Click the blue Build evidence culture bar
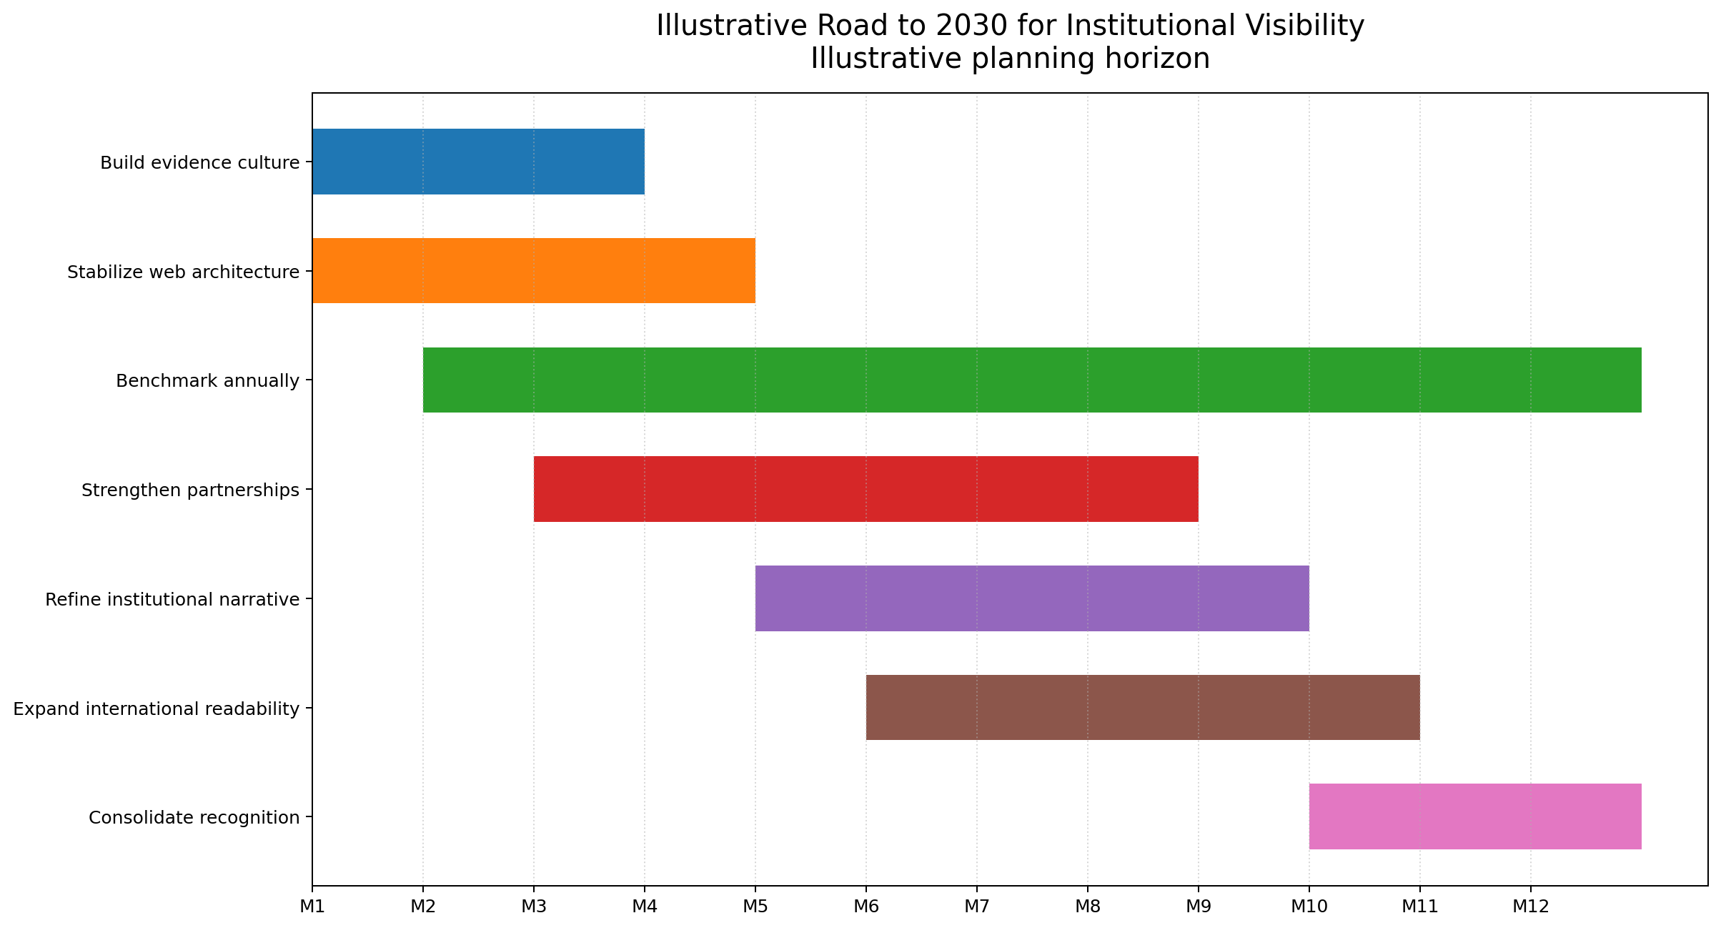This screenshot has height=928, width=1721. tap(478, 162)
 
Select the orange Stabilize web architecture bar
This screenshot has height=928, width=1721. tap(533, 271)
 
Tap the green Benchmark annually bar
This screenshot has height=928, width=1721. tap(1032, 380)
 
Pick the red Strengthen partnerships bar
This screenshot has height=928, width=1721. tap(866, 489)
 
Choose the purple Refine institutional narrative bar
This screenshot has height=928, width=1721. tap(1032, 598)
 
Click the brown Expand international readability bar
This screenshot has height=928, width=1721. tap(1142, 708)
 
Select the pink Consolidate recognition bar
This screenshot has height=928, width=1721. tap(1475, 816)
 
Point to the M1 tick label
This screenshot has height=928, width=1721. tap(312, 907)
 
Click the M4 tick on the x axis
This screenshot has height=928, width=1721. tap(644, 907)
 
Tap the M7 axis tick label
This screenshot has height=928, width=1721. tap(976, 907)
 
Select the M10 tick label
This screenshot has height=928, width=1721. tap(1309, 907)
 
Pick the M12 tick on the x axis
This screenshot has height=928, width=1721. tap(1530, 907)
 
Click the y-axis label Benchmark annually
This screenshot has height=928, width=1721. tap(207, 381)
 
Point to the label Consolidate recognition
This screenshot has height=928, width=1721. tap(194, 817)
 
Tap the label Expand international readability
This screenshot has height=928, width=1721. tap(157, 709)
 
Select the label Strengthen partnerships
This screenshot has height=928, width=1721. tap(190, 490)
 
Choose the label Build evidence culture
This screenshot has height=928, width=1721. tap(199, 163)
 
